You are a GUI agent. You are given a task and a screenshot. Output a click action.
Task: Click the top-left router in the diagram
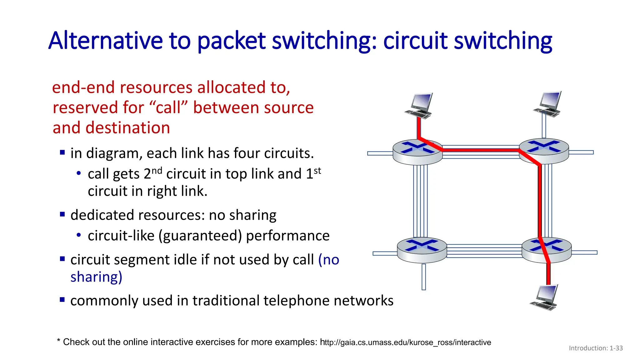pyautogui.click(x=417, y=152)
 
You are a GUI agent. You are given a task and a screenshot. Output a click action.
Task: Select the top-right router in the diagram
pyautogui.click(x=544, y=151)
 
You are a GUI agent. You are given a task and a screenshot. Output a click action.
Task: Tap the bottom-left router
pyautogui.click(x=422, y=250)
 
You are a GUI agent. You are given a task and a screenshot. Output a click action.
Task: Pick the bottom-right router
pyautogui.click(x=547, y=250)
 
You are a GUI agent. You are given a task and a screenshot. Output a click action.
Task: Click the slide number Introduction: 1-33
pyautogui.click(x=596, y=348)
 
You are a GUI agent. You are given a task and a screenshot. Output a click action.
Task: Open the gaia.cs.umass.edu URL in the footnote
pyautogui.click(x=405, y=342)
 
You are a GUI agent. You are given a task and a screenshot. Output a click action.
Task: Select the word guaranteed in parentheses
pyautogui.click(x=200, y=236)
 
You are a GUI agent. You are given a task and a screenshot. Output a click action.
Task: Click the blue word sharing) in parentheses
pyautogui.click(x=96, y=277)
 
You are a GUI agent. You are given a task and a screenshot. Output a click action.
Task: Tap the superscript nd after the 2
pyautogui.click(x=157, y=171)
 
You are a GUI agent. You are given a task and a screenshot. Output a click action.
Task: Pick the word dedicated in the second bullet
pyautogui.click(x=102, y=215)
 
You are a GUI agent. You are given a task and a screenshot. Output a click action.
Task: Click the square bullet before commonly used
pyautogui.click(x=62, y=300)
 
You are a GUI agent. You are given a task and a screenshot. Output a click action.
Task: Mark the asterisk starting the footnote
pyautogui.click(x=58, y=340)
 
